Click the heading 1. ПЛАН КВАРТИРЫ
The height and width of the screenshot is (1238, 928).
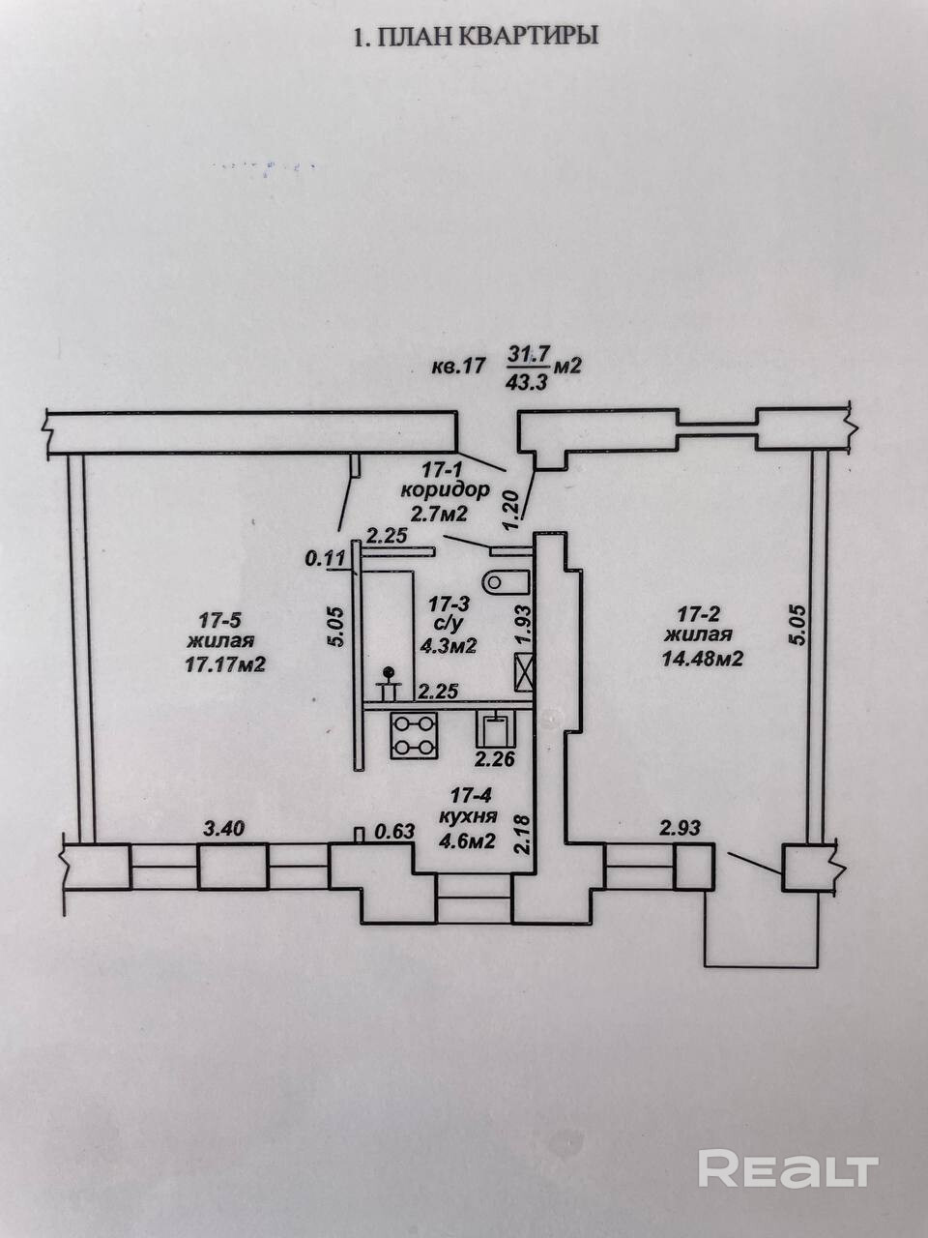click(x=476, y=37)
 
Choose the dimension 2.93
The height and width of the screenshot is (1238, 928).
click(x=679, y=827)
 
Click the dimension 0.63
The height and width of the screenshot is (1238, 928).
click(x=394, y=830)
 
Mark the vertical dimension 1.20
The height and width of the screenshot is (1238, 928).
click(x=512, y=508)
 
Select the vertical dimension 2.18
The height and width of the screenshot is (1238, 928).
click(x=523, y=832)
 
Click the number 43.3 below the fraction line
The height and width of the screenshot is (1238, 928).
click(x=528, y=381)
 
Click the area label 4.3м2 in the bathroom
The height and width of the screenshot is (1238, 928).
click(x=450, y=646)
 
